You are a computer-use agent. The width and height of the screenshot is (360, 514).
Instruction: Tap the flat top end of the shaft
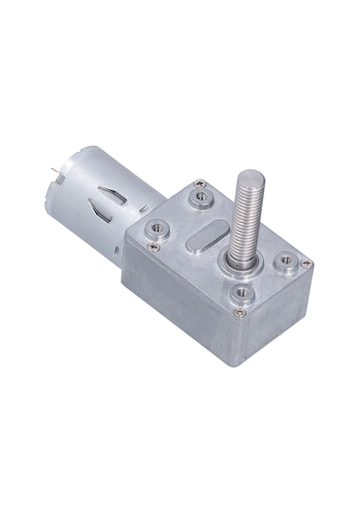tap(252, 178)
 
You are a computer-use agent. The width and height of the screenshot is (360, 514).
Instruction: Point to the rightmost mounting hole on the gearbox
tap(286, 259)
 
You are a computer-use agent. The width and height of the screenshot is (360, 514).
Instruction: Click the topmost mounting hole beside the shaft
tap(201, 199)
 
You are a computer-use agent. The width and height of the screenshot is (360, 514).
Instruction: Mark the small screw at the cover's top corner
tap(196, 182)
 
